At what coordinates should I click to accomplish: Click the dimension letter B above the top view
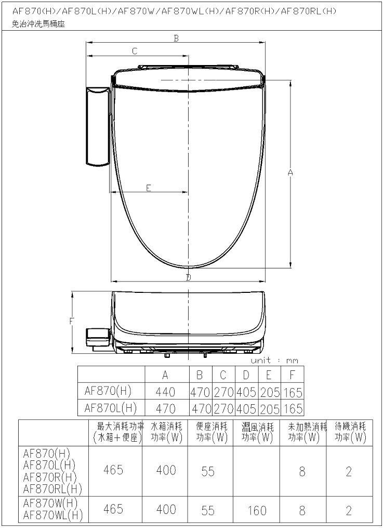tap(176, 38)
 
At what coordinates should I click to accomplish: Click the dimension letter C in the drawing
tap(135, 51)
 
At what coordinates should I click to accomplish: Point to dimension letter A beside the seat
tap(290, 172)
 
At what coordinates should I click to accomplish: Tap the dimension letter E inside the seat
tap(149, 188)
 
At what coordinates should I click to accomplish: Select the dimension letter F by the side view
tap(71, 321)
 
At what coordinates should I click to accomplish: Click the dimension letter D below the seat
tap(188, 277)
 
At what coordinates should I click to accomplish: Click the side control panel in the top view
tap(98, 126)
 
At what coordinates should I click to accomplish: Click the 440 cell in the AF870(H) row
tap(165, 392)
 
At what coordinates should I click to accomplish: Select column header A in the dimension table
tap(165, 375)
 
